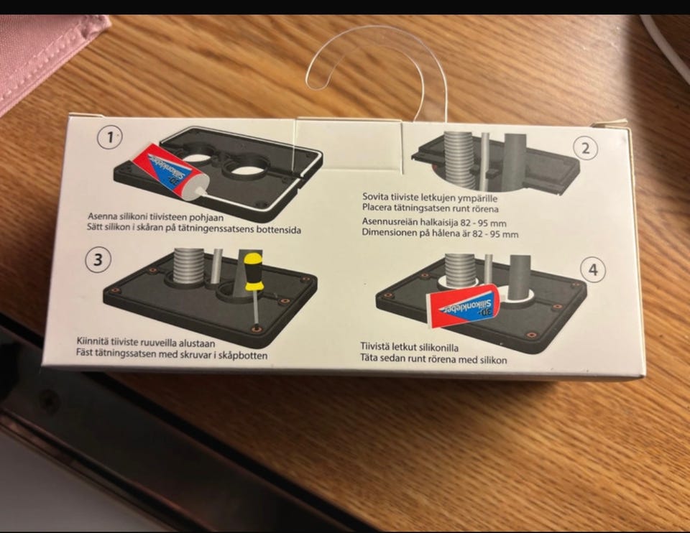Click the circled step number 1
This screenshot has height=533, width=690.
coord(109,137)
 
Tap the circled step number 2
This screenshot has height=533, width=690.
coord(585,148)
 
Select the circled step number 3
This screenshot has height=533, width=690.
coord(98,259)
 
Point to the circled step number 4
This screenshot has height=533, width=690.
coord(593,269)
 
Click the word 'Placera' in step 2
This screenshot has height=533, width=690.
coord(376,207)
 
